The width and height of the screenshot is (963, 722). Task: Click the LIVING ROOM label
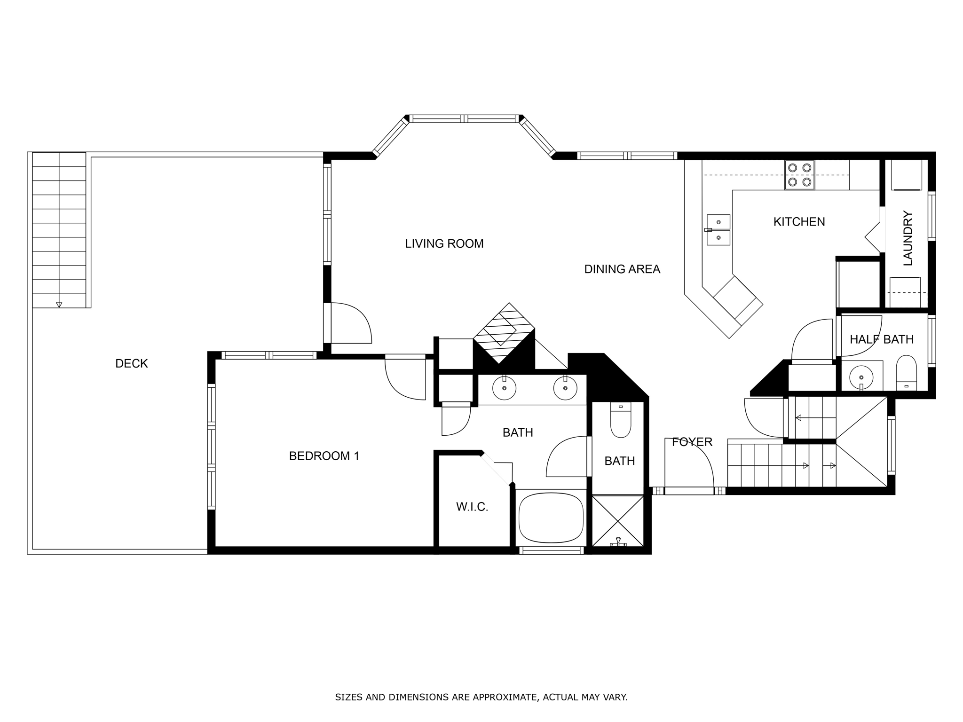444,243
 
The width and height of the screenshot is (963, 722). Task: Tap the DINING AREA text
622,269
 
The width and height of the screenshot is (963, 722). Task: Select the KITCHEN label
799,221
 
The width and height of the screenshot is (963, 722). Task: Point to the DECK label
132,363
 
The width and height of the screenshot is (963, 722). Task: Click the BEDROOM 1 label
324,456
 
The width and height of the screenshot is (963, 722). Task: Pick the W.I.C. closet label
472,507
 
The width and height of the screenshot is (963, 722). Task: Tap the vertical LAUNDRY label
908,238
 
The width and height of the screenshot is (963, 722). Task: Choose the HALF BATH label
882,339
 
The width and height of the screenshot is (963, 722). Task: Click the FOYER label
692,442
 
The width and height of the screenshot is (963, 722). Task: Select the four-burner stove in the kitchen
799,175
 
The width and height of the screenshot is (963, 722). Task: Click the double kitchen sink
718,230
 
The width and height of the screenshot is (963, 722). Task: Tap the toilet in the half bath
906,373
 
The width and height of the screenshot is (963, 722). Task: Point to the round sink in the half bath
861,377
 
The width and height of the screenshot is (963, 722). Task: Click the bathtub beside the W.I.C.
551,518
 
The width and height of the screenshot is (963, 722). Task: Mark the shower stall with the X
618,521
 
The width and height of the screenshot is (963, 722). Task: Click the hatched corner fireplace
504,333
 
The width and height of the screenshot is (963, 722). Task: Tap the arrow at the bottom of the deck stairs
59,305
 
